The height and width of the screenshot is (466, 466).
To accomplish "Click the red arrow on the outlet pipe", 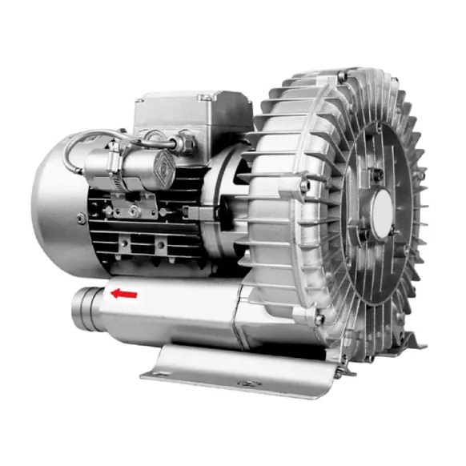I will [124, 294].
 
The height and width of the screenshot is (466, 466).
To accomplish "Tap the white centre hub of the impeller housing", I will [382, 211].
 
